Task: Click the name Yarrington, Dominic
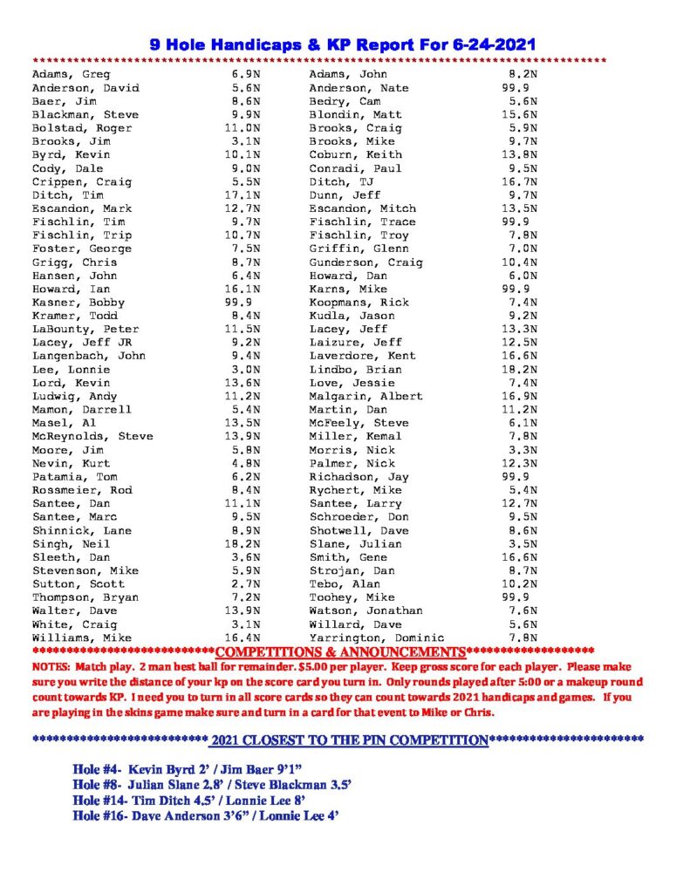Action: tap(377, 637)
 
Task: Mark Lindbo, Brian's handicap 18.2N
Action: tap(521, 369)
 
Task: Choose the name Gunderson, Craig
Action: tap(365, 262)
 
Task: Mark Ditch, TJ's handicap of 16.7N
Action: tap(521, 182)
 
